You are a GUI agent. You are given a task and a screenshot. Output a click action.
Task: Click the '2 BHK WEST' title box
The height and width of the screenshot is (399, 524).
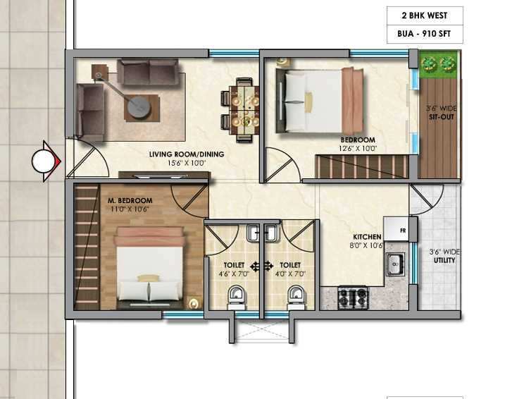425,16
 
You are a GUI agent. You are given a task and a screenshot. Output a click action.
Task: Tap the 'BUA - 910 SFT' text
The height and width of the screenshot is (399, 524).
424,34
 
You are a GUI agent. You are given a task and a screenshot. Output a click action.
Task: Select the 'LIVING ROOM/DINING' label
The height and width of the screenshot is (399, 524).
187,154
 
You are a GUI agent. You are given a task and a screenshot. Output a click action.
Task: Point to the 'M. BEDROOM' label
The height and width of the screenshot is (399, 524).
130,201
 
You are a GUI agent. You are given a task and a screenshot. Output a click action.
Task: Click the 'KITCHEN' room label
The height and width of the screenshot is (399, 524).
367,237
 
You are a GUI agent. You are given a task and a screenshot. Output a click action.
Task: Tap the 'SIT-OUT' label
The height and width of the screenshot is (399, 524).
442,117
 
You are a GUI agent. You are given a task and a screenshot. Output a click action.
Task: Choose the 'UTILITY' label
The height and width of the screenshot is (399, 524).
444,260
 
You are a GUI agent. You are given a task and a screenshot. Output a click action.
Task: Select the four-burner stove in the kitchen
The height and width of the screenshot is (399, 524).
353,297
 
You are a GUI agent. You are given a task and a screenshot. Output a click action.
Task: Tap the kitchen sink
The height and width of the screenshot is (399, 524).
395,264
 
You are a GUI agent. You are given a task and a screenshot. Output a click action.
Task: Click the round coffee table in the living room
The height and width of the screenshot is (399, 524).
139,107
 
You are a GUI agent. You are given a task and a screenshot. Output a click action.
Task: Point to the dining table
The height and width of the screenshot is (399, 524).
244,110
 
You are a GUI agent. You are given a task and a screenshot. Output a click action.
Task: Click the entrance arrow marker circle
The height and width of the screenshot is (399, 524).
44,161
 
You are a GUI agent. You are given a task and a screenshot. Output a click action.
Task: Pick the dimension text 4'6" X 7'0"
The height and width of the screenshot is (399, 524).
234,274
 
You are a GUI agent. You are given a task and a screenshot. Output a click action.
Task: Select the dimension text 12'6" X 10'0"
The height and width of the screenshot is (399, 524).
358,149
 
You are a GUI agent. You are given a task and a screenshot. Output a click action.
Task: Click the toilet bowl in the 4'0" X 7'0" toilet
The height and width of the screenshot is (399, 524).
296,297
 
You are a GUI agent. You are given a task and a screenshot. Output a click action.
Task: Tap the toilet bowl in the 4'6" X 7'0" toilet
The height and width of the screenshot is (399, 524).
236,297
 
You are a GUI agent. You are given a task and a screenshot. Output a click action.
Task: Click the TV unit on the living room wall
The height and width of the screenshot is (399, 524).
164,176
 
